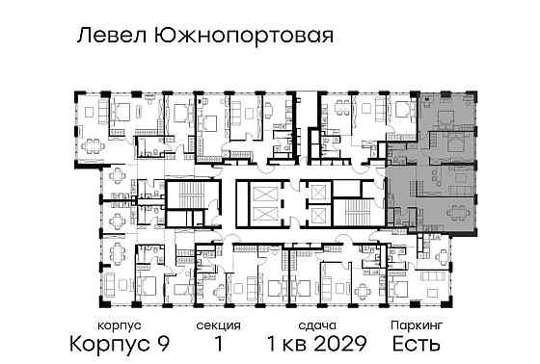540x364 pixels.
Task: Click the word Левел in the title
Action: [x=106, y=38]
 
